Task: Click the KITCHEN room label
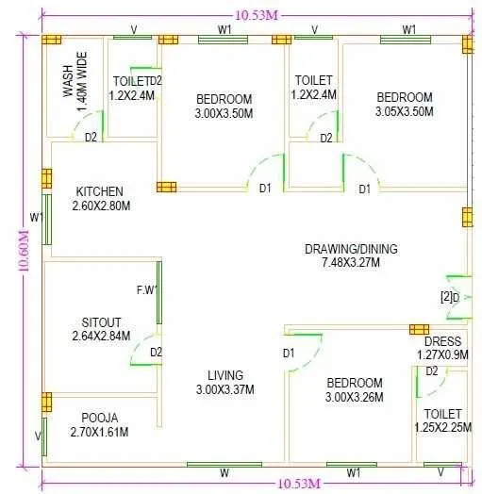point(100,191)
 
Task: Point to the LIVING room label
point(225,374)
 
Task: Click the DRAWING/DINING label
point(351,249)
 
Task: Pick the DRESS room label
point(442,341)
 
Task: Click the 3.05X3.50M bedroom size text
point(405,111)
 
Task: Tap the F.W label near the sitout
point(147,289)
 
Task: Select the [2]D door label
point(449,298)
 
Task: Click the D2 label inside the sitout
point(157,353)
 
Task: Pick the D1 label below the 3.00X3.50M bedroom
point(265,189)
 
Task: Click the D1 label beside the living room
point(289,353)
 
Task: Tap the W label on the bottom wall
point(224,472)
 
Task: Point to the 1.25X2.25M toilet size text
point(442,427)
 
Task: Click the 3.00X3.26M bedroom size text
point(355,397)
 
